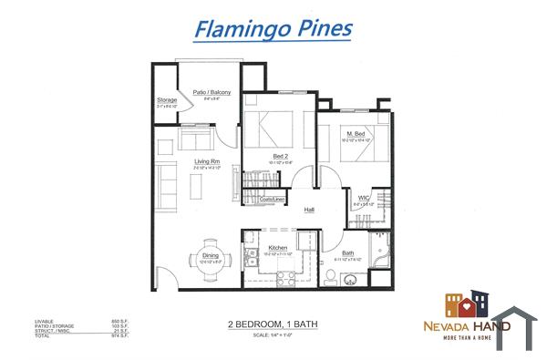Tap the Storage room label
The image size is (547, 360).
coord(166,101)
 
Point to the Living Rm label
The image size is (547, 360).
coord(206,162)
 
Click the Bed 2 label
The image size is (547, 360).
coord(281,156)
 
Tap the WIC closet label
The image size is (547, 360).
coord(362,197)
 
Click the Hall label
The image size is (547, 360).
coord(309,209)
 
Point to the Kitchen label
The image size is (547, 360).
coord(278,247)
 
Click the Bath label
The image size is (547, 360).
coord(348,252)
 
